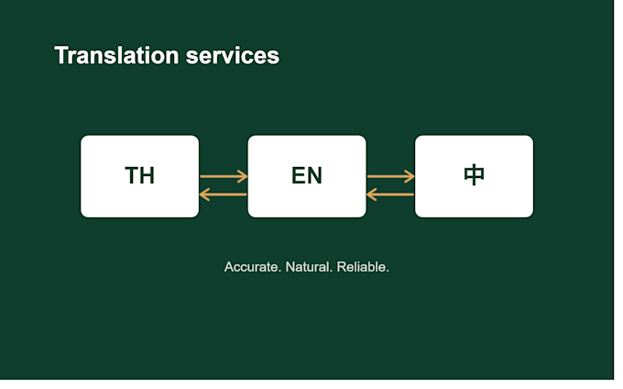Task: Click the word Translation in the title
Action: (116, 55)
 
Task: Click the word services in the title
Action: (233, 56)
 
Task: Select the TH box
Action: (140, 176)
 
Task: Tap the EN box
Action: (307, 176)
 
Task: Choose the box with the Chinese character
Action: (474, 176)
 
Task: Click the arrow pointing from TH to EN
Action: (224, 176)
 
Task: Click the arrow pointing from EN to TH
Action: (224, 194)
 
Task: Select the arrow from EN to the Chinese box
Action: (391, 176)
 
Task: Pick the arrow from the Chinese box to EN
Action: (390, 194)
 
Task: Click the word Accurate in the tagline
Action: (253, 267)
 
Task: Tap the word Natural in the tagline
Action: (309, 267)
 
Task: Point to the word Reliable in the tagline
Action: (363, 267)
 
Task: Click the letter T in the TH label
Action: (132, 175)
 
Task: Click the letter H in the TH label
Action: (147, 175)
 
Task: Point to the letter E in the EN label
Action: (299, 175)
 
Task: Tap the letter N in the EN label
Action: (314, 175)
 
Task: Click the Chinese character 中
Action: (474, 175)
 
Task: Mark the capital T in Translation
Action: (61, 55)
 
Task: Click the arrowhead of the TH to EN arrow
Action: (243, 176)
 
